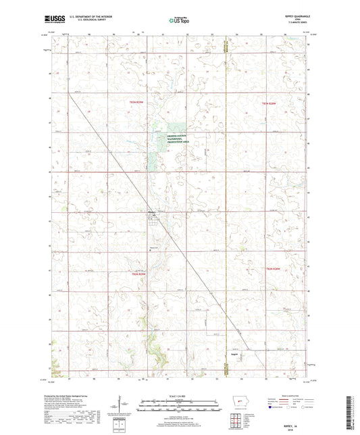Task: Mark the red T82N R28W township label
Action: coord(272,270)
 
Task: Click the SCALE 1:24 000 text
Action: coord(179,396)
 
